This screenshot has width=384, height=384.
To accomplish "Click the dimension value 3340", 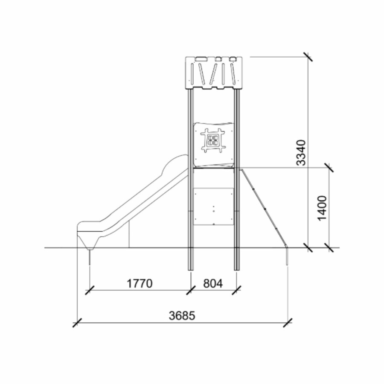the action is [301, 153].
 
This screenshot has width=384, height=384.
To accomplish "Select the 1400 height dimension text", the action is [322, 208].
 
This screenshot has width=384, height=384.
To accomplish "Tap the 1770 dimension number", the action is [140, 284].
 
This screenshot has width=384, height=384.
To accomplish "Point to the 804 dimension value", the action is [213, 284].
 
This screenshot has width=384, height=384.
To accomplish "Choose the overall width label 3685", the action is [182, 316].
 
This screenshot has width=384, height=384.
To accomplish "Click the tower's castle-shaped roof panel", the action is [214, 73].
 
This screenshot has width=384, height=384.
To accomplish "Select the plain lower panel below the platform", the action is [214, 207].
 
